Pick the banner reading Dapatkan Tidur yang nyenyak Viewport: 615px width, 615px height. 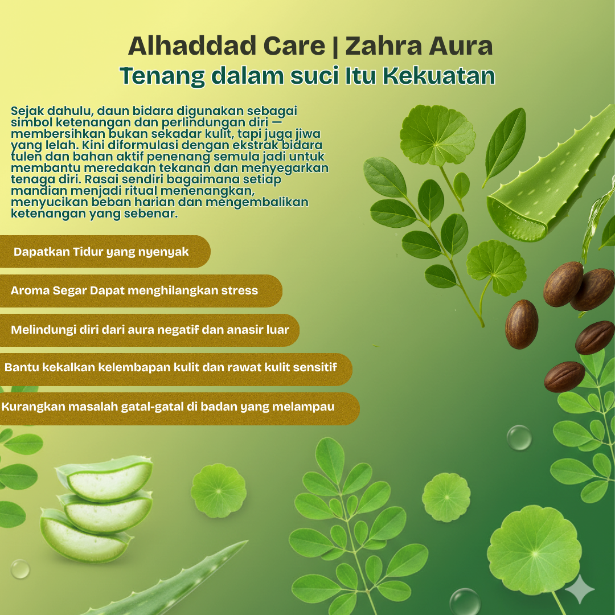(x=102, y=252)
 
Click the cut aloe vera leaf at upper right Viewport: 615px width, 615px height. (x=547, y=188)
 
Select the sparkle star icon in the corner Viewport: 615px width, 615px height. (x=580, y=589)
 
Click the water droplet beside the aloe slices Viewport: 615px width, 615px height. (x=20, y=568)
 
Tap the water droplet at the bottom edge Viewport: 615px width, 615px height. (x=464, y=601)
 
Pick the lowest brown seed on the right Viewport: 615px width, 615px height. (x=564, y=376)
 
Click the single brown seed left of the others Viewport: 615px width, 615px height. (x=521, y=323)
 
